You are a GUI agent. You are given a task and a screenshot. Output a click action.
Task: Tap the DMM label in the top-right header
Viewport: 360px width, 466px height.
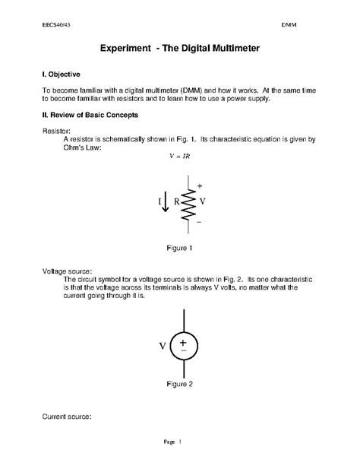point(289,24)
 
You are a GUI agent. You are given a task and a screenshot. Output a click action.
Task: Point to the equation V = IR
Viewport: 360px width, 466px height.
point(179,157)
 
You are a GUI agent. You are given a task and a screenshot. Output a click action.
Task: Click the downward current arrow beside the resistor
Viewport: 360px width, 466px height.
point(166,202)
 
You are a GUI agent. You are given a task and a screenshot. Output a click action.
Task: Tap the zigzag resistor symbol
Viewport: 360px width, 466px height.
point(188,202)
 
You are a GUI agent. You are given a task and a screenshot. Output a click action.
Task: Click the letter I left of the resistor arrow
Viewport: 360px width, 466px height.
point(160,202)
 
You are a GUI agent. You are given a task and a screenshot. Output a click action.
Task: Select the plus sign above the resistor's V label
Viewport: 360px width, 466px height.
point(200,185)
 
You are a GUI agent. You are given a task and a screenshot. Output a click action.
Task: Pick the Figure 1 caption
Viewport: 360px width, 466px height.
point(180,248)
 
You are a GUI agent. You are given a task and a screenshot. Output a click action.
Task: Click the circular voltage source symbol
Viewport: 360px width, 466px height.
point(183,346)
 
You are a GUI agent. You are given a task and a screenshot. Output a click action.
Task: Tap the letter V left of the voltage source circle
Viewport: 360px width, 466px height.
point(163,347)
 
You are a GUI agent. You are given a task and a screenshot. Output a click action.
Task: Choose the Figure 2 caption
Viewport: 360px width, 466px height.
point(180,384)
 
